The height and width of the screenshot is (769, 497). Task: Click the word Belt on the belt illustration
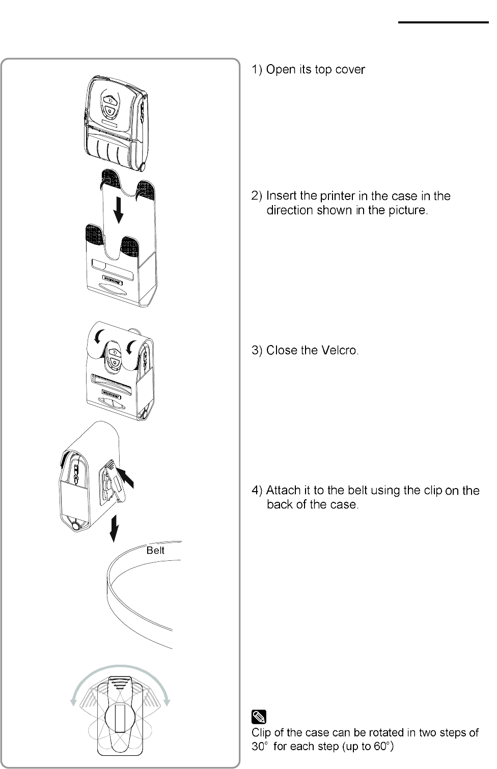(155, 550)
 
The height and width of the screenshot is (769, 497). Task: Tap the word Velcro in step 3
(340, 350)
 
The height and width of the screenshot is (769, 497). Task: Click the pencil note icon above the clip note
(259, 717)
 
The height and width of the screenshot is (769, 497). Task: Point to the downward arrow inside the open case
(119, 211)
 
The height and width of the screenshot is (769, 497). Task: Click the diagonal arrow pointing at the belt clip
(128, 478)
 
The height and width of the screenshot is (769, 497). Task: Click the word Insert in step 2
(283, 196)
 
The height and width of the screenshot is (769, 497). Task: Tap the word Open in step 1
(281, 70)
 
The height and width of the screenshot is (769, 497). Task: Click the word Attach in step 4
(283, 491)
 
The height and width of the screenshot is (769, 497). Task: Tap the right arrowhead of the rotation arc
(167, 702)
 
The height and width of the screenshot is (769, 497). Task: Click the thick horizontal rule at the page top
(443, 23)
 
